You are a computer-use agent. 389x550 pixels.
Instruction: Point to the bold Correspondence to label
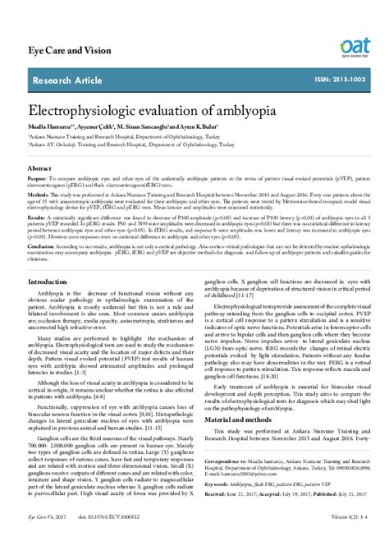point(224,463)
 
